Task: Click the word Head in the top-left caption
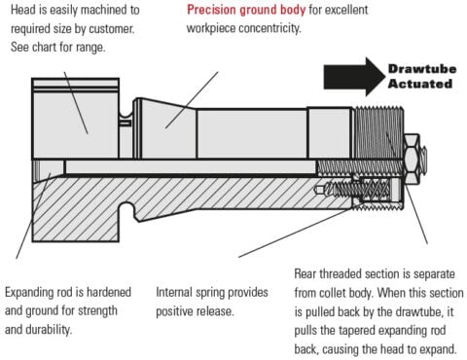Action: click(x=20, y=10)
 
